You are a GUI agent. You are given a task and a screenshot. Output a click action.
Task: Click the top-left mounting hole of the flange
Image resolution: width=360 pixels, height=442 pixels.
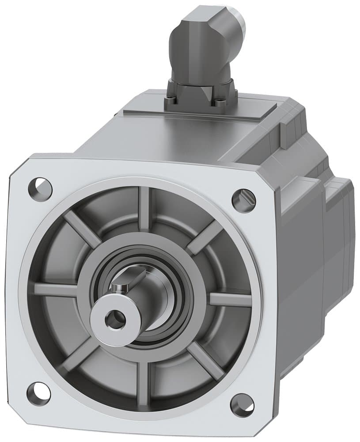pyautogui.click(x=40, y=189)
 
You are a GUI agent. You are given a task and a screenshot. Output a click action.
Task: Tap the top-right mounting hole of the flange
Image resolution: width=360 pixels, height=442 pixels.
pyautogui.click(x=243, y=200)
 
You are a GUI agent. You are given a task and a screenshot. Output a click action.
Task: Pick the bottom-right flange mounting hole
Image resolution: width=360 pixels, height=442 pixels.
pyautogui.click(x=242, y=403)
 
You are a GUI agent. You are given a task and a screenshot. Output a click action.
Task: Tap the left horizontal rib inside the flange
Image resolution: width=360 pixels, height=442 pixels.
pyautogui.click(x=55, y=290)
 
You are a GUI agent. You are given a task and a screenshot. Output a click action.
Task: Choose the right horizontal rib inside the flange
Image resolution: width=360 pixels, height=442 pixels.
pyautogui.click(x=230, y=299)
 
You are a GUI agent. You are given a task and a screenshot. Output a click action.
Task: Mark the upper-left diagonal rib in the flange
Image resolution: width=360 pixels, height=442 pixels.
pyautogui.click(x=82, y=229)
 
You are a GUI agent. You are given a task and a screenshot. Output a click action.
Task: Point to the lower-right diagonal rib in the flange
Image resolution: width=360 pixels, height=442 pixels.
pyautogui.click(x=206, y=361)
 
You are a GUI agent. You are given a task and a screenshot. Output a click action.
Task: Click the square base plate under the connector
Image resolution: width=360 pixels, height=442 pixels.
pyautogui.click(x=201, y=95)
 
